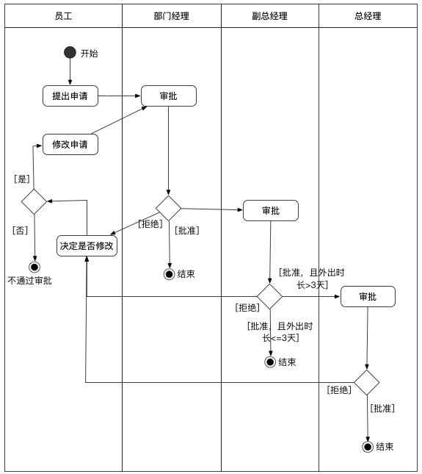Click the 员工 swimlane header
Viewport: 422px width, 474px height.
tap(63, 16)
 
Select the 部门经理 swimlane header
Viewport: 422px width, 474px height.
tap(171, 16)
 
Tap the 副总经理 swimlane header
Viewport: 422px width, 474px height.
tap(269, 16)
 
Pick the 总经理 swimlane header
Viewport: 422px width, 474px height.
tap(368, 16)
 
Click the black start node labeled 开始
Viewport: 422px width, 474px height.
tap(70, 52)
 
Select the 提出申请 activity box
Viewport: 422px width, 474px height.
tap(70, 96)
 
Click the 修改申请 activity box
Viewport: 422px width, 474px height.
tap(70, 145)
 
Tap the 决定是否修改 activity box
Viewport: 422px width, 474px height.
tap(87, 245)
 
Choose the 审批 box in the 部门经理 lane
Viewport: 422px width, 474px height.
tap(168, 96)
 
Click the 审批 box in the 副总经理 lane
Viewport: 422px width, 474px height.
tap(270, 211)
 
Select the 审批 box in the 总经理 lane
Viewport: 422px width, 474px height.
tap(368, 296)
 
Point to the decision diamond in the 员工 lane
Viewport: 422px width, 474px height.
tap(34, 201)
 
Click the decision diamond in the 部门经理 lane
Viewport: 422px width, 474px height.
tap(169, 208)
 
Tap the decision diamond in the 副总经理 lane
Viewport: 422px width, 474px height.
tap(269, 296)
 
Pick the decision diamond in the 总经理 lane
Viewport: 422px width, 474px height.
tap(367, 382)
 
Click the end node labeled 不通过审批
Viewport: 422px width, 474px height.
tap(34, 267)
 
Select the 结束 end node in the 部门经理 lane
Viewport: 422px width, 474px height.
tap(170, 274)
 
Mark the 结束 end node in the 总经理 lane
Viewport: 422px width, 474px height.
tap(368, 446)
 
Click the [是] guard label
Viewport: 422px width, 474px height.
tap(22, 179)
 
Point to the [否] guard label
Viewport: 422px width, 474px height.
tap(21, 229)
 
